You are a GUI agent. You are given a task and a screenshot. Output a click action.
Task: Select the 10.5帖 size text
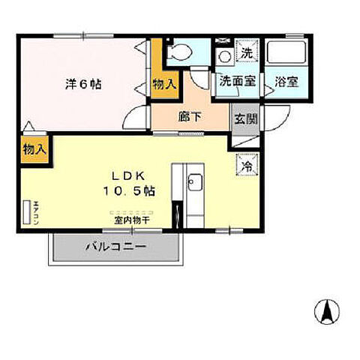[129, 191]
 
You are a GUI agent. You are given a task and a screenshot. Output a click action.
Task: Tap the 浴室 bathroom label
[285, 82]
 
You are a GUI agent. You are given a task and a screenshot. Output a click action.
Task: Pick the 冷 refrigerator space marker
[245, 163]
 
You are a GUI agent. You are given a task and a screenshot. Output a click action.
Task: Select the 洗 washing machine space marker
[245, 53]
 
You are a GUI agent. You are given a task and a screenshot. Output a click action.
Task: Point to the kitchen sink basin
[194, 182]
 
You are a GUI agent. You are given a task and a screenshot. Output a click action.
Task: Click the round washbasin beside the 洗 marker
[223, 55]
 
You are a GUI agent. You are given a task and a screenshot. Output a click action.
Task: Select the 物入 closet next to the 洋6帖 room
[164, 83]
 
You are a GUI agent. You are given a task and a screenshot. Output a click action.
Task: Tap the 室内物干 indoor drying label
[133, 220]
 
